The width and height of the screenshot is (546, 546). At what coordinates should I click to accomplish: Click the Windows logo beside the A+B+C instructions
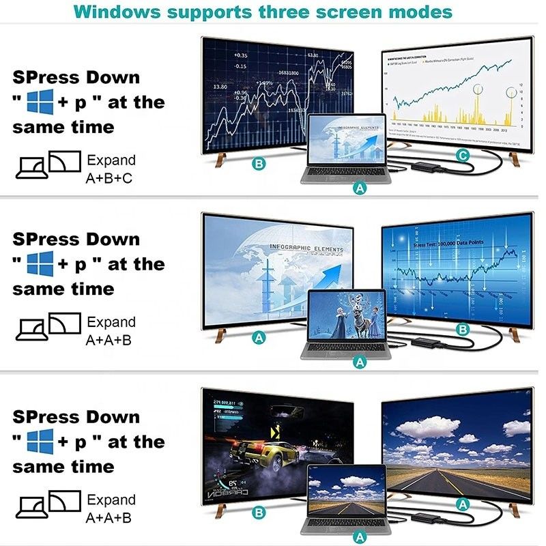(x=40, y=102)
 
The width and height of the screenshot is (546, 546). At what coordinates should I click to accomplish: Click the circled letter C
(x=462, y=156)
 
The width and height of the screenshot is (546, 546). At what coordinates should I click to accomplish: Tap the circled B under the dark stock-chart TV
(x=258, y=164)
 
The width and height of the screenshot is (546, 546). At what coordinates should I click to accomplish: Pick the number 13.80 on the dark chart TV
(x=220, y=87)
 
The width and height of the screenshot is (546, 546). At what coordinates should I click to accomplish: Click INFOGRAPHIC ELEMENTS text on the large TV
(x=306, y=248)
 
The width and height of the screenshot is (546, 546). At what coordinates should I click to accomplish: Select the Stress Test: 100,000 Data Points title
(x=448, y=242)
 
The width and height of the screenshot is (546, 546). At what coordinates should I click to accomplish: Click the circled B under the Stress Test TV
(x=462, y=330)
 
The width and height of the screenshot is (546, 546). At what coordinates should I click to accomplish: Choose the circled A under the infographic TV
(x=258, y=336)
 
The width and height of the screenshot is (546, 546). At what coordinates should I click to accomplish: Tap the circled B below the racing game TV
(x=258, y=512)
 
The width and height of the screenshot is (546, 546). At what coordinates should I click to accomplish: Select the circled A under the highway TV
(x=462, y=504)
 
